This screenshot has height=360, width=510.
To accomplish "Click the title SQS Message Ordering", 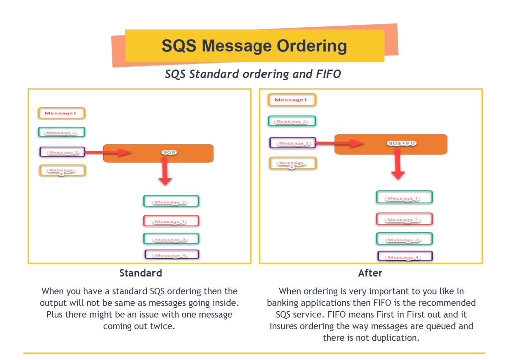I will tap(254, 46).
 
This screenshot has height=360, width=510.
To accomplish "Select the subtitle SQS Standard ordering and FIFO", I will tap(253, 74).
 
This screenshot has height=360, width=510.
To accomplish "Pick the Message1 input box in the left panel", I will tap(62, 113).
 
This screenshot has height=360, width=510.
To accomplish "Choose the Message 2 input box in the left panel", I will tap(62, 132).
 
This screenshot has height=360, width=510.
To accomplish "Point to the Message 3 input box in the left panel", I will tap(62, 152).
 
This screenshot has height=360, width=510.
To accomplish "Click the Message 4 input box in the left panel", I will tap(62, 171).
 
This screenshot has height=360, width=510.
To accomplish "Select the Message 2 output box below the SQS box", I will tap(171, 201).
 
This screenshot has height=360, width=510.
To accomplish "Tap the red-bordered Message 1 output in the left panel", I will tap(171, 221).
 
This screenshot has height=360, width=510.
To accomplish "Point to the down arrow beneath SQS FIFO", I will tap(397, 166).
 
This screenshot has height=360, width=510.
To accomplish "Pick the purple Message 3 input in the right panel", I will tap(293, 143).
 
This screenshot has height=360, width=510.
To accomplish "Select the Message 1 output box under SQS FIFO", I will tap(404, 197).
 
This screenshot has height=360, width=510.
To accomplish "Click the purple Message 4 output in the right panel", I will tap(405, 257).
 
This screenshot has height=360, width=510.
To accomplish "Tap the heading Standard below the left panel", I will tap(140, 273).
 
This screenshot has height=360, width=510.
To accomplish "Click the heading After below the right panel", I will tap(370, 273).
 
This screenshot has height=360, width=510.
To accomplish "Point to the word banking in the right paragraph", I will tap(287, 303).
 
